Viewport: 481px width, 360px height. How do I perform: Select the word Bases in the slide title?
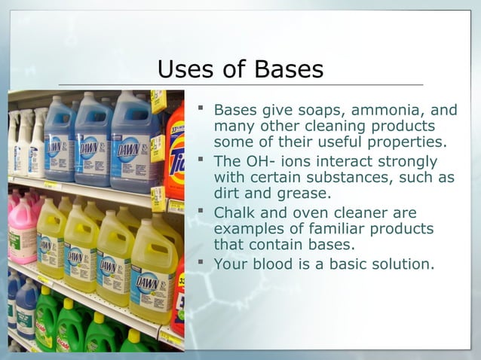click(287, 69)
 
